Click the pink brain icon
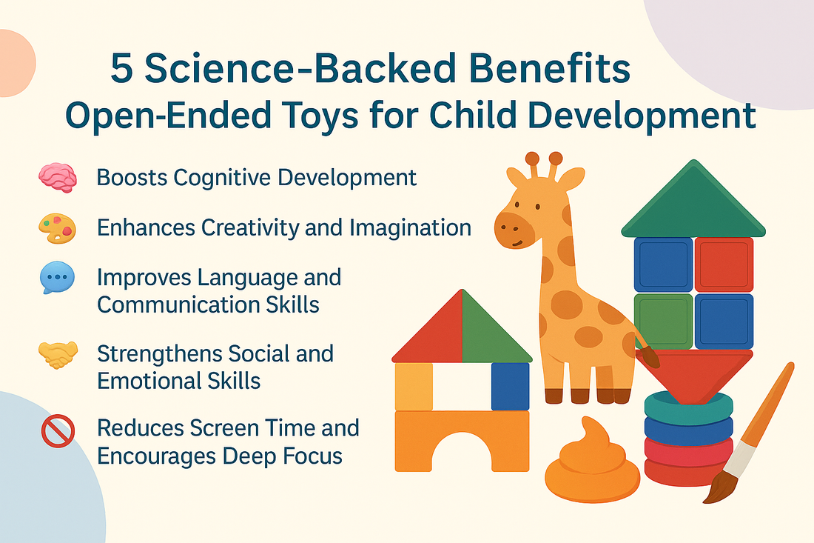[58, 178]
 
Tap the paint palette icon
[58, 228]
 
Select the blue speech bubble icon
[57, 278]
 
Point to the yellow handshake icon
[58, 354]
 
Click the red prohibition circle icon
[58, 430]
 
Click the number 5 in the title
[122, 69]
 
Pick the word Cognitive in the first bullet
[222, 178]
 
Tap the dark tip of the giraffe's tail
[649, 358]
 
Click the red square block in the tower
[724, 264]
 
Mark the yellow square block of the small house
[414, 387]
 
